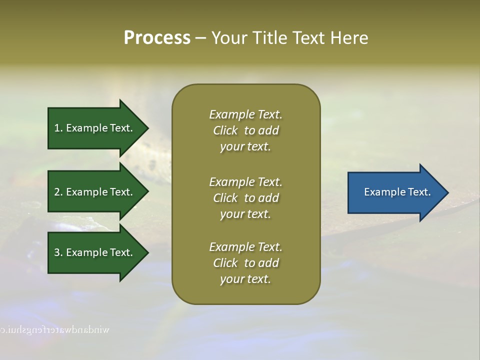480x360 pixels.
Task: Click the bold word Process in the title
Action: [x=157, y=38]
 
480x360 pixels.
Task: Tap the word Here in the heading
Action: [x=348, y=38]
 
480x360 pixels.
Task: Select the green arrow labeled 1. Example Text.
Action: [x=95, y=128]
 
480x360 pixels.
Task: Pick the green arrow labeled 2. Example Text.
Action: [x=95, y=192]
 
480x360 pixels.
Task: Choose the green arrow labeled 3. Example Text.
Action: [x=95, y=252]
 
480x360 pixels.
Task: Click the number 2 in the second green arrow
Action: [x=57, y=192]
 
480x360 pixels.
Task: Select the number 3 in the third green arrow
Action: [x=57, y=252]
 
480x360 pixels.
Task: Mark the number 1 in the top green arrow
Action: [x=57, y=128]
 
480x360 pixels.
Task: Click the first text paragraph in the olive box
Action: [x=245, y=130]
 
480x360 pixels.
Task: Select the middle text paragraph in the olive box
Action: [x=245, y=198]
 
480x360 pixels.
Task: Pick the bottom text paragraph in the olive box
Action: [x=245, y=263]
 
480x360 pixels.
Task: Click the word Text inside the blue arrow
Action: [x=419, y=192]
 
